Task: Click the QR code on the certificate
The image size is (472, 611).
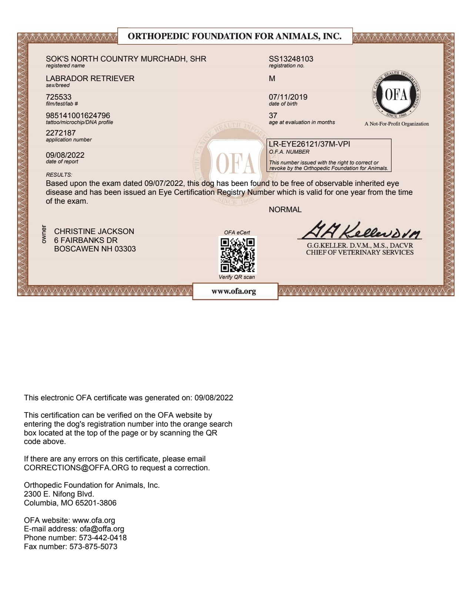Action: (237, 255)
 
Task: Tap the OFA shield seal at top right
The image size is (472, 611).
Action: (396, 95)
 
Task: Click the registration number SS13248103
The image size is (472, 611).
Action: (291, 59)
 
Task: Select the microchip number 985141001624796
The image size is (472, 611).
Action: (78, 116)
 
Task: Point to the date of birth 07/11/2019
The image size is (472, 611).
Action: (288, 97)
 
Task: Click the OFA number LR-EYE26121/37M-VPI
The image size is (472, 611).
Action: (309, 144)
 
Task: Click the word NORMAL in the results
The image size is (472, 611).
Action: (285, 210)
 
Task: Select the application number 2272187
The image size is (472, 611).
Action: (61, 133)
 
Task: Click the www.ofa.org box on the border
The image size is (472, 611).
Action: (234, 291)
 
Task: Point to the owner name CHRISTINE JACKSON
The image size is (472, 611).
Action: (94, 231)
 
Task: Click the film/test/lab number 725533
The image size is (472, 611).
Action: (58, 97)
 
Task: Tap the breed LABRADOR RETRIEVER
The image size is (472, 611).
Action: (90, 79)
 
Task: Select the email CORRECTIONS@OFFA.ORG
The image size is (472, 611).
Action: (76, 468)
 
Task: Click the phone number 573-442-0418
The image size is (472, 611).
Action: (103, 538)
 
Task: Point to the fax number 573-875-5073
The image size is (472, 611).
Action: (93, 547)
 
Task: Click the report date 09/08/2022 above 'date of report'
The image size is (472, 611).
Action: (65, 155)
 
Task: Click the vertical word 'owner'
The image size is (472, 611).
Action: (44, 234)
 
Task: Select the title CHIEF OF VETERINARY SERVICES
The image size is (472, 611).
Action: (359, 253)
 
